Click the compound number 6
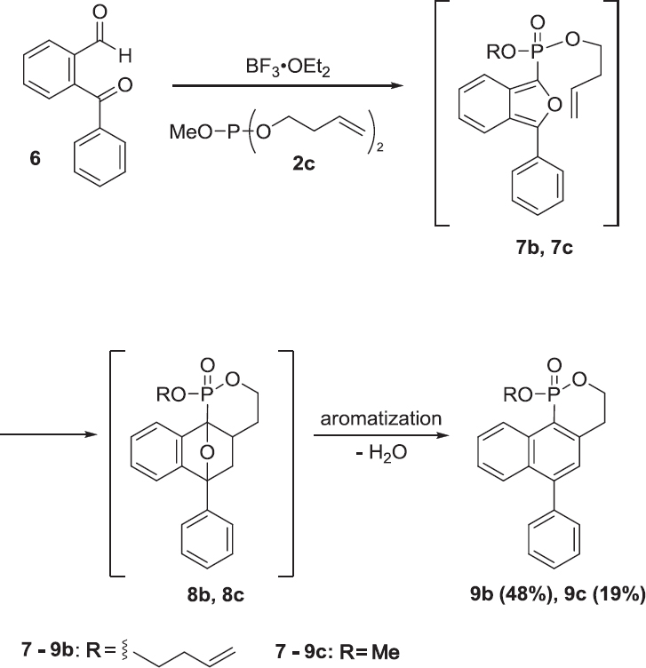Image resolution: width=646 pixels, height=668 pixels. tap(35, 158)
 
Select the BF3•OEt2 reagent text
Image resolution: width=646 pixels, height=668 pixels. tap(288, 68)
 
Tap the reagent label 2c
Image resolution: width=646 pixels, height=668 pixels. tap(304, 163)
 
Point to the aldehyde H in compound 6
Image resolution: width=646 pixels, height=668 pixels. tap(125, 56)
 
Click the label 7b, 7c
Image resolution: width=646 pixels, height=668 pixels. tap(544, 248)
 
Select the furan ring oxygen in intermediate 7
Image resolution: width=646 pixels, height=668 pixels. tap(554, 105)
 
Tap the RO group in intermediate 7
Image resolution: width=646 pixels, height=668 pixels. tap(501, 52)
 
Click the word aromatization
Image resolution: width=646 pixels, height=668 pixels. tap(381, 418)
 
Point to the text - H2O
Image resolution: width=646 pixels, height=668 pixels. tap(381, 452)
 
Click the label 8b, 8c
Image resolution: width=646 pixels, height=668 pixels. tap(216, 595)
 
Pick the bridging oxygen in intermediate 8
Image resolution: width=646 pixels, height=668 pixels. tap(207, 451)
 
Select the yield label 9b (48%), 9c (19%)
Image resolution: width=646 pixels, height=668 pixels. tap(557, 594)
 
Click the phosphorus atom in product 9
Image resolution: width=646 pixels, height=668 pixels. tap(553, 396)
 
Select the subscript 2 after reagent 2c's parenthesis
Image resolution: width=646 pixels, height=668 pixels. tap(379, 147)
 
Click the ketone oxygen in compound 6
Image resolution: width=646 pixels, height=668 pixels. tap(125, 85)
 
